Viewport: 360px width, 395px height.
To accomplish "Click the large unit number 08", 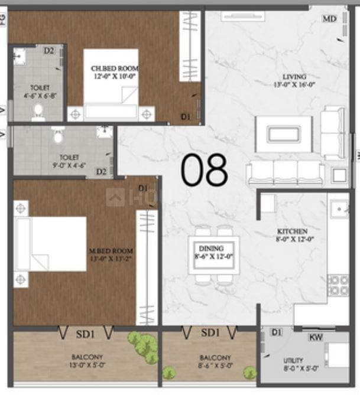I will (204, 170).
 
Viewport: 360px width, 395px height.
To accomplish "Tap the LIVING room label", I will (293, 77).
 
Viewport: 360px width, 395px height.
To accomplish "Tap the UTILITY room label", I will (293, 360).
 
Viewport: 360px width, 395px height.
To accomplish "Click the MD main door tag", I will (329, 19).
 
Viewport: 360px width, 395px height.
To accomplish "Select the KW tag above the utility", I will (316, 337).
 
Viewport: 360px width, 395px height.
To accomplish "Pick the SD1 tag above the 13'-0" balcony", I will (85, 334).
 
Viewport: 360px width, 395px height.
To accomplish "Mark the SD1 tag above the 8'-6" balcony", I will (210, 334).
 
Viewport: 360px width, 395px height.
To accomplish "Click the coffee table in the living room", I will (284, 133).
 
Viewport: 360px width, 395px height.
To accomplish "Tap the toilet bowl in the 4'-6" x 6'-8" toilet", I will (38, 110).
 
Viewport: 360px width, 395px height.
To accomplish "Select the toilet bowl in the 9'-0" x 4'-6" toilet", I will (58, 136).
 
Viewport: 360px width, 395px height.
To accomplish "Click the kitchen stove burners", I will (338, 285).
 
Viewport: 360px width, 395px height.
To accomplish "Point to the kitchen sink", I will (340, 208).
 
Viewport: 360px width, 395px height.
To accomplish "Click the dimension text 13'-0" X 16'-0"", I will (293, 85).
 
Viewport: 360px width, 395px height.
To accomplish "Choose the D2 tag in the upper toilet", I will (49, 51).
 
